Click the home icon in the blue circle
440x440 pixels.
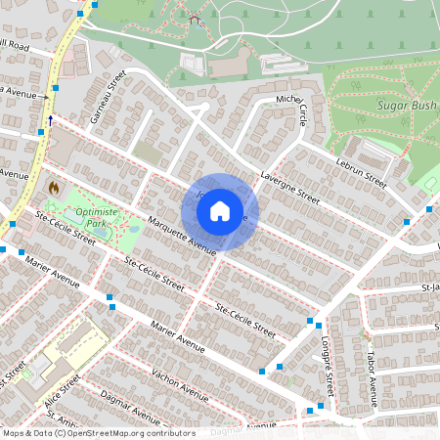pos(220,211)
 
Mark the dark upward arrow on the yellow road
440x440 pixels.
pos(50,120)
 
